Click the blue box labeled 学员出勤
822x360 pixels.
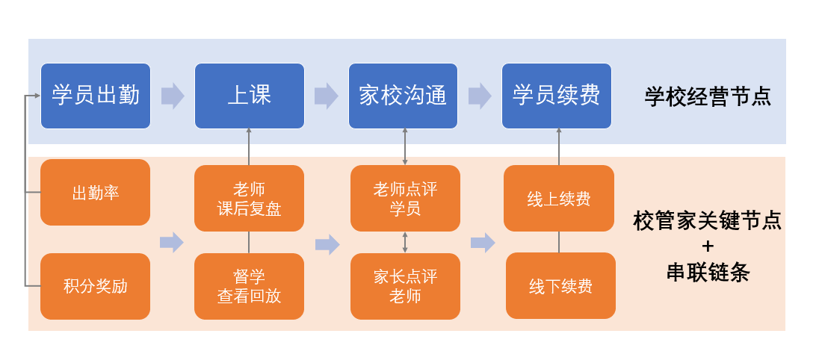click(x=96, y=96)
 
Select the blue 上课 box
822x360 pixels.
click(x=249, y=96)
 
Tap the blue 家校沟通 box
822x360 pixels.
click(x=403, y=96)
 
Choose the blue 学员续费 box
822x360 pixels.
click(x=557, y=96)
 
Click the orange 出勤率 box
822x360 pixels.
click(x=96, y=193)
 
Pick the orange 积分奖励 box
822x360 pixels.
click(x=96, y=286)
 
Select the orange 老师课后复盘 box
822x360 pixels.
click(x=249, y=199)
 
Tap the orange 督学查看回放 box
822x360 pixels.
click(x=249, y=286)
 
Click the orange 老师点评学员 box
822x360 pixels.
click(x=405, y=199)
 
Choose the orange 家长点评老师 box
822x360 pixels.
click(x=405, y=286)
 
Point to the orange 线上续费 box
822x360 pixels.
click(x=559, y=199)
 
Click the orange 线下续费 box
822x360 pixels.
click(x=560, y=286)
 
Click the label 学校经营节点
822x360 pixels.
click(x=708, y=96)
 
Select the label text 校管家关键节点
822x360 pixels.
click(x=708, y=221)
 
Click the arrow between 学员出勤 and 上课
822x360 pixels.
click(x=173, y=96)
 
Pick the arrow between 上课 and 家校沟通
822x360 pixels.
click(x=326, y=96)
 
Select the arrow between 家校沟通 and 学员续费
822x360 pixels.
click(x=480, y=96)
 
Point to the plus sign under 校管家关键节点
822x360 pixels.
click(x=708, y=246)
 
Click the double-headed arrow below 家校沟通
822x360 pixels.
click(x=405, y=146)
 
